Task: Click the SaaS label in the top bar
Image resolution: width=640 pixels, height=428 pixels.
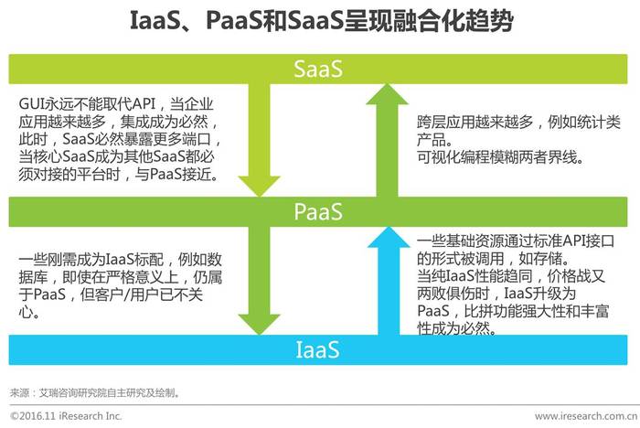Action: tap(318, 69)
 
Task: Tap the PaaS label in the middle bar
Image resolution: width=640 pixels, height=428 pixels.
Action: tap(318, 211)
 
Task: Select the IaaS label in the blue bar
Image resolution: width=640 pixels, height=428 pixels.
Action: tap(317, 350)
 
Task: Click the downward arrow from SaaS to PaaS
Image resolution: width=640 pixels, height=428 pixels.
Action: tap(259, 140)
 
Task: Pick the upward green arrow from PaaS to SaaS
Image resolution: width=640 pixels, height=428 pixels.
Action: tap(387, 140)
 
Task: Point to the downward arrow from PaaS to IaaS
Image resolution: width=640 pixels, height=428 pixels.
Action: tap(259, 281)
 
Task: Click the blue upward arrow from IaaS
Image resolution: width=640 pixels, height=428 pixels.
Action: tap(389, 281)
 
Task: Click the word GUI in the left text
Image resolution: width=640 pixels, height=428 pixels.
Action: tap(31, 103)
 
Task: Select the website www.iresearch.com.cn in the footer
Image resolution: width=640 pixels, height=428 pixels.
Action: tap(586, 416)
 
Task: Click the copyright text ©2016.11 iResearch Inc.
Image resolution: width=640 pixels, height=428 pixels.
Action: tap(66, 416)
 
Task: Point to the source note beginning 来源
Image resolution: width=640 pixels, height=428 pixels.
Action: tap(95, 393)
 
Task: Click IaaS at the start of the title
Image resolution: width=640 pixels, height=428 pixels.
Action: tap(155, 20)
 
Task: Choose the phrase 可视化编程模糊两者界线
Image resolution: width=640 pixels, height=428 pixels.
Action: tap(500, 156)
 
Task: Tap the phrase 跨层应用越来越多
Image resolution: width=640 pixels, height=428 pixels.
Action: tap(475, 123)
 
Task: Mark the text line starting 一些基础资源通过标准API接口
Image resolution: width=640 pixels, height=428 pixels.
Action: tap(516, 241)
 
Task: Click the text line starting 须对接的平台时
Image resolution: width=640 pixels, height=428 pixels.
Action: tap(118, 175)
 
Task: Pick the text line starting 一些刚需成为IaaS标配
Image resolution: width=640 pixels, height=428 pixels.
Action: tap(121, 260)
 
